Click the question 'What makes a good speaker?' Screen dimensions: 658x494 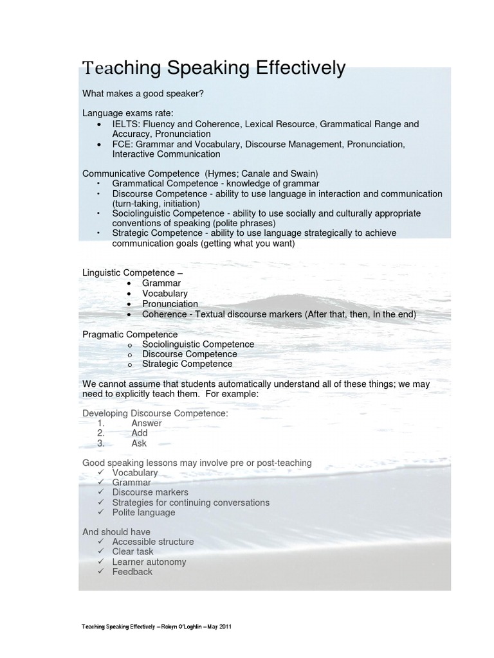[143, 94]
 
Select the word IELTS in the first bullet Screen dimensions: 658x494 [126, 124]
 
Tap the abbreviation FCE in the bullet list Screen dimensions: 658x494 [122, 144]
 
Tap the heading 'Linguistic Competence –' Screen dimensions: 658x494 [133, 273]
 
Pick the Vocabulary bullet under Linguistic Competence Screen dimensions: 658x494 [165, 294]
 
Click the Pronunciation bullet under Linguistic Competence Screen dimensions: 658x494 [170, 304]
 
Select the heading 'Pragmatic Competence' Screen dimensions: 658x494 [130, 335]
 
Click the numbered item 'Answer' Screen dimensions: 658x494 [147, 423]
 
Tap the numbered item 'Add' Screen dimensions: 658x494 [140, 433]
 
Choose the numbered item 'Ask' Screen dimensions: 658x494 [139, 443]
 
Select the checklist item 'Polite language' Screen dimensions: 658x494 [143, 513]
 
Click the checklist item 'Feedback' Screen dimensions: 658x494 [133, 572]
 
